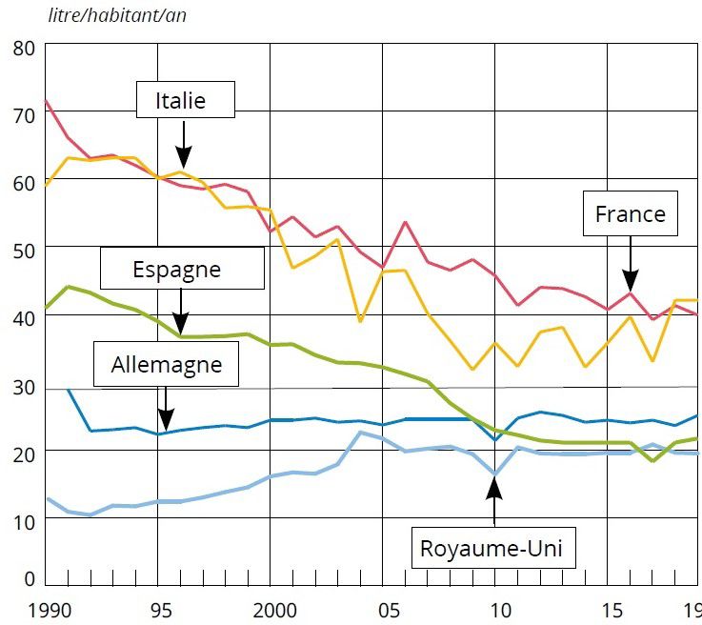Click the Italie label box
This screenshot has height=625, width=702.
(184, 100)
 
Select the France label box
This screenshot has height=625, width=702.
(630, 214)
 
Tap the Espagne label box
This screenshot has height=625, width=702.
(177, 270)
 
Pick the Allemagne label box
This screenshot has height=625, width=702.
(167, 364)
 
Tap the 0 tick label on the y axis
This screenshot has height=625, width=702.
(30, 578)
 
